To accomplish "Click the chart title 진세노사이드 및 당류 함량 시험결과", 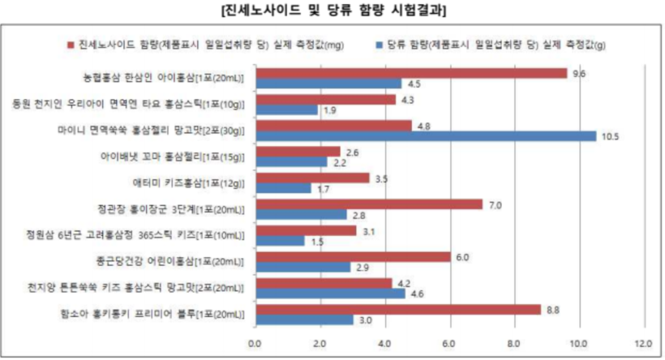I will (x=332, y=11).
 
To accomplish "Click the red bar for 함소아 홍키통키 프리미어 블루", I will (x=397, y=309).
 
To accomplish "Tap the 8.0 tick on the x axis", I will (x=514, y=342).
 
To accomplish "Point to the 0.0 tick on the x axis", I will (x=255, y=342).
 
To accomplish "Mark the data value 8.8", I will (x=554, y=309).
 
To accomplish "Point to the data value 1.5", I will (x=317, y=242).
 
